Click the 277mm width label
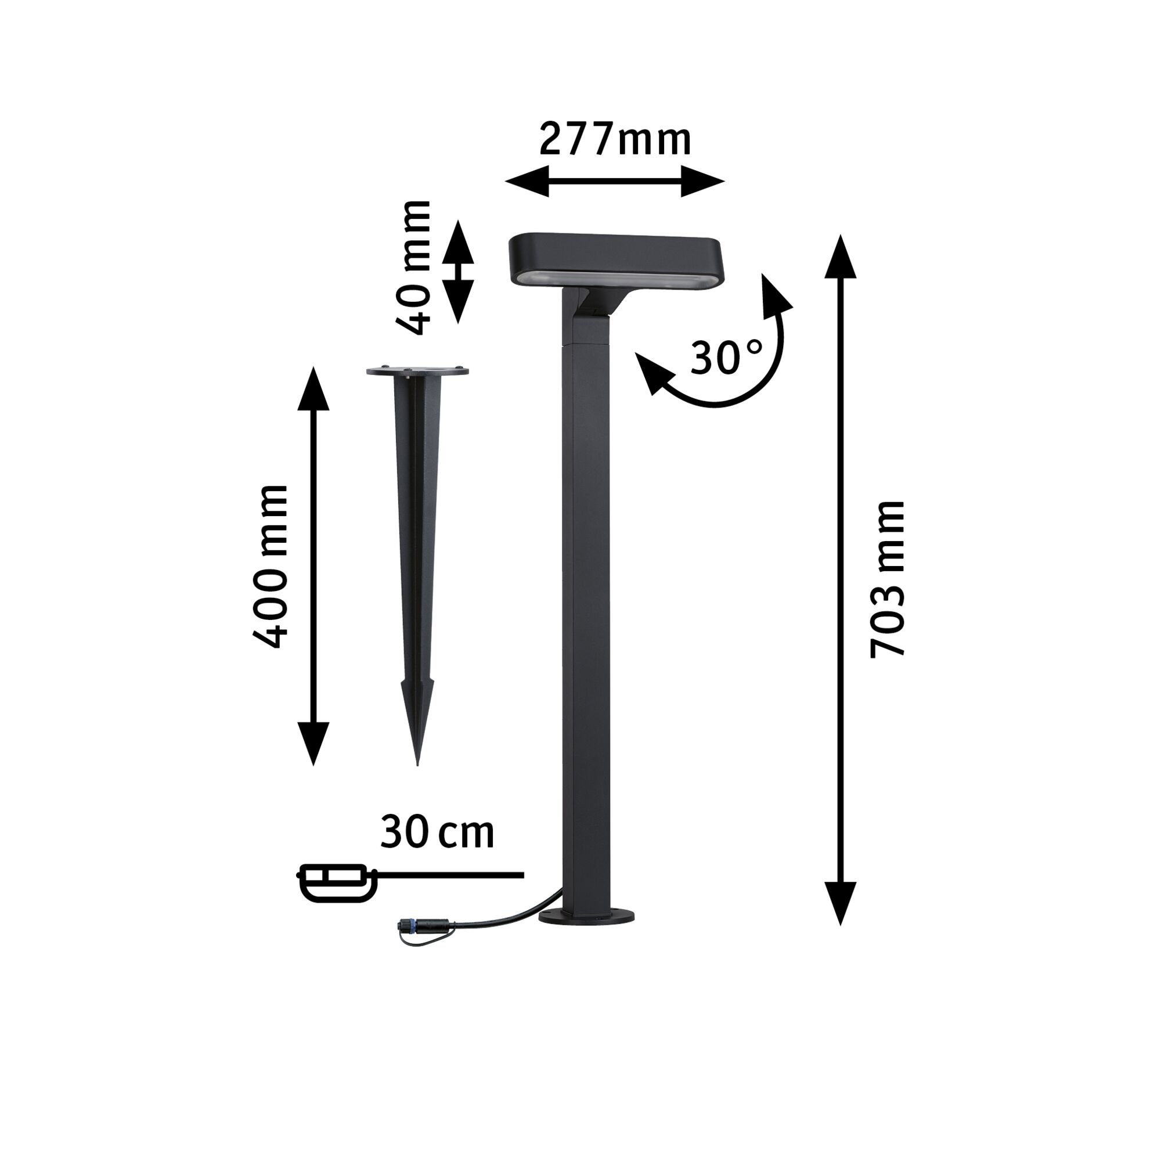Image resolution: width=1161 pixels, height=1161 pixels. pyautogui.click(x=615, y=139)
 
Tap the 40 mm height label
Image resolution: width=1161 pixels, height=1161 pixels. pyautogui.click(x=414, y=268)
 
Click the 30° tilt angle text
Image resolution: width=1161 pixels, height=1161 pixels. pyautogui.click(x=726, y=358)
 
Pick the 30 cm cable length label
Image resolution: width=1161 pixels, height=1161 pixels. pyautogui.click(x=437, y=832)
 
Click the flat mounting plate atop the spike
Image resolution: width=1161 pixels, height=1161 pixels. pyautogui.click(x=417, y=372)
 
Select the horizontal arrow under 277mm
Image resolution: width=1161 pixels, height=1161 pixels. pyautogui.click(x=615, y=181)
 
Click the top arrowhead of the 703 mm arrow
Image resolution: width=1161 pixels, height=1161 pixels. pyautogui.click(x=839, y=257)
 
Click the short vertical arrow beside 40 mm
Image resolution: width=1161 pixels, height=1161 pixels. pyautogui.click(x=459, y=272)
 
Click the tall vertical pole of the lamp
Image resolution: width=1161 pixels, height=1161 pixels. pyautogui.click(x=586, y=601)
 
